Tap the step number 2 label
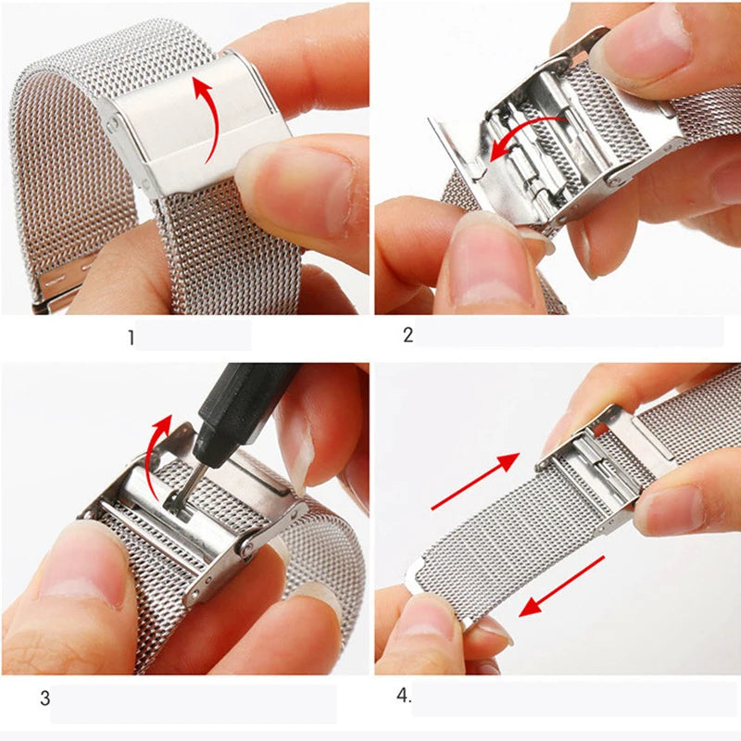[408, 335]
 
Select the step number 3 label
[44, 698]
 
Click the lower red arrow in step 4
[561, 585]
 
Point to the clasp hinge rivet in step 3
[246, 546]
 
